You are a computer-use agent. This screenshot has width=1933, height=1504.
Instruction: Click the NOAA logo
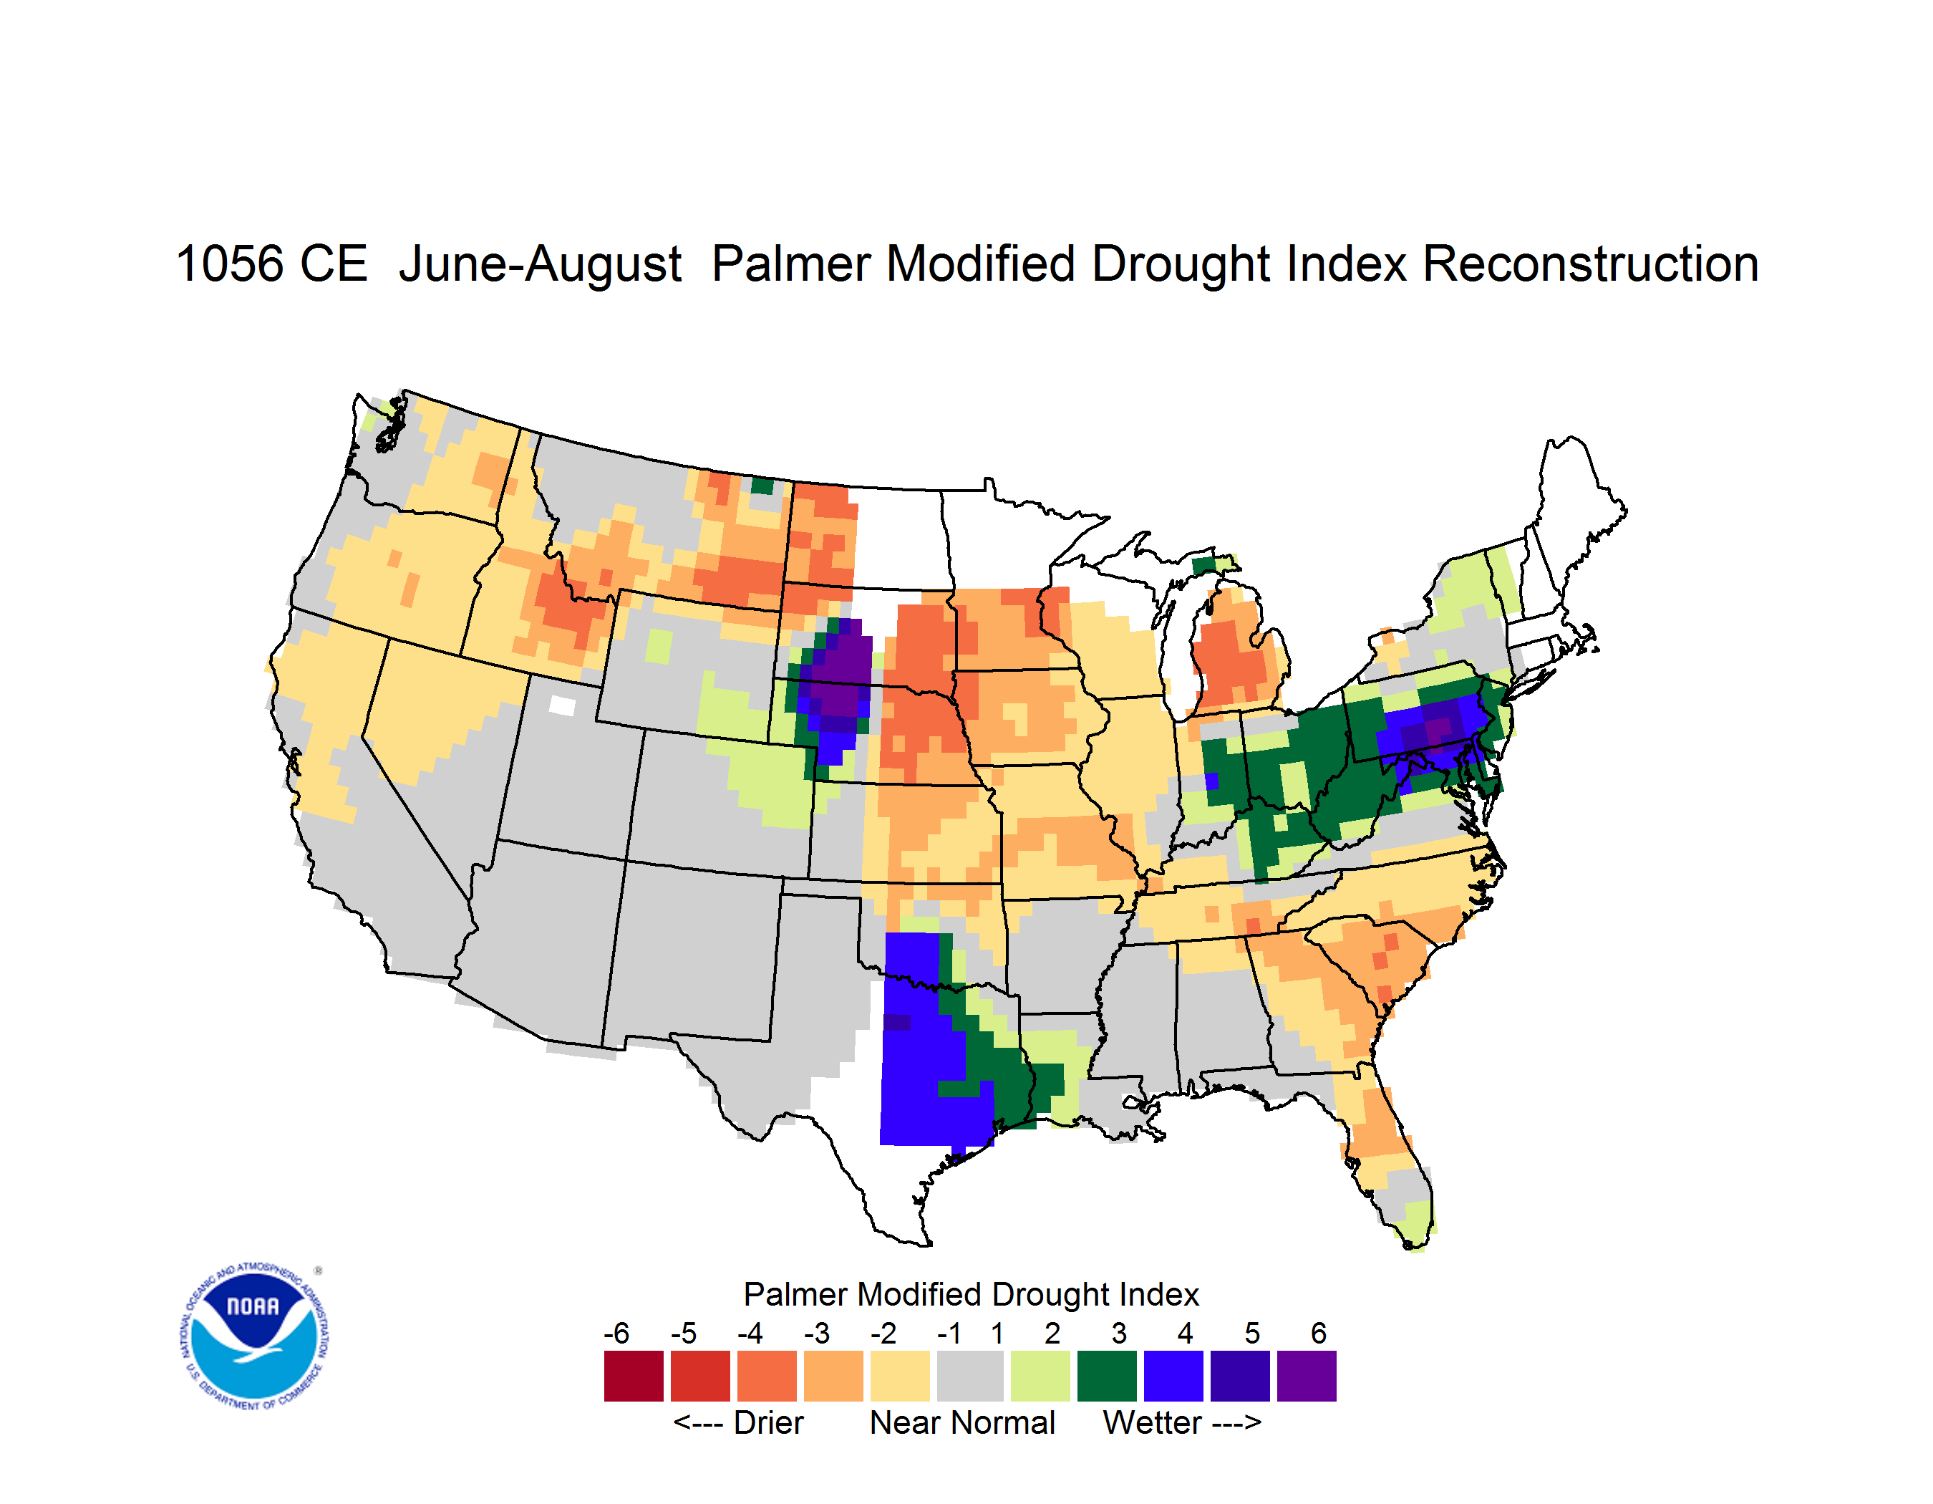pos(255,1336)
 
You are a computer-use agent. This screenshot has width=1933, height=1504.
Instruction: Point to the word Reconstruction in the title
pos(1591,264)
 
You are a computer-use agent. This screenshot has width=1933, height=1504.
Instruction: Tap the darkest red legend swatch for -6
pos(634,1376)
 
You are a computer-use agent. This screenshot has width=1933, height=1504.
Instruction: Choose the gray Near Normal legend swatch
pos(970,1376)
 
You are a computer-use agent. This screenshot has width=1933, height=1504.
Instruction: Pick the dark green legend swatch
pos(1106,1376)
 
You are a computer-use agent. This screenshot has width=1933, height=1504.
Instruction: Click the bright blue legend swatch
pos(1173,1376)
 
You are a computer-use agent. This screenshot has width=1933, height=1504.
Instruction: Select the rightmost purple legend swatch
pos(1307,1376)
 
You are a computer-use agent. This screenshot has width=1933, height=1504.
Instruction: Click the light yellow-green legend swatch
pos(1040,1376)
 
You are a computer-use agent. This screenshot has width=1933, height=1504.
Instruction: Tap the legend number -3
pos(816,1332)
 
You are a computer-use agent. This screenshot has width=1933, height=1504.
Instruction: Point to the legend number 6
pos(1319,1332)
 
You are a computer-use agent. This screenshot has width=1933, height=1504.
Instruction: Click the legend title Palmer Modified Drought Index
pos(971,1294)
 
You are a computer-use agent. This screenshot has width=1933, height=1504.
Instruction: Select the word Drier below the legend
pos(768,1422)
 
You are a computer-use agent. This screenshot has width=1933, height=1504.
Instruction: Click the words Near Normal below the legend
pos(962,1422)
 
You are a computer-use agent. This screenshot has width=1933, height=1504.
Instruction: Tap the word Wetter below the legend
pos(1153,1422)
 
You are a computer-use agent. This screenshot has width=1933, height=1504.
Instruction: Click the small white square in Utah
pos(562,705)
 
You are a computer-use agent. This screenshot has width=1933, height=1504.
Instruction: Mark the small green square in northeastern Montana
pos(762,485)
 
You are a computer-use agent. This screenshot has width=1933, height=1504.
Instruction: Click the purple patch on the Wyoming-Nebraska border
pos(839,678)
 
